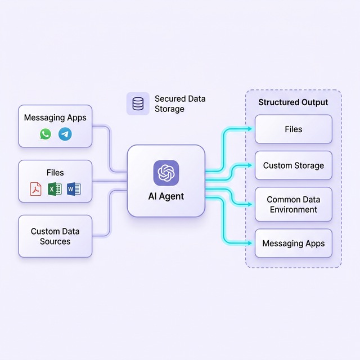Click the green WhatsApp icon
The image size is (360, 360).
(46, 134)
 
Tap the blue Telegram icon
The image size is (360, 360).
(65, 134)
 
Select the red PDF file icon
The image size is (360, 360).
(36, 189)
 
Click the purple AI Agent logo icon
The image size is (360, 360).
(166, 173)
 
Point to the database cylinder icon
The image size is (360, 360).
(138, 103)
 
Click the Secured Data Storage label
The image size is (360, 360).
(180, 103)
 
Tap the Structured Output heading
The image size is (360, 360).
(293, 102)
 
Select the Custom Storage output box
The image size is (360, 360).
(293, 165)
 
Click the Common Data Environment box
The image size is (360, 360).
(293, 204)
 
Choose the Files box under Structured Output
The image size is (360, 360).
(293, 129)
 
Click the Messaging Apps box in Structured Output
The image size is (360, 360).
(293, 244)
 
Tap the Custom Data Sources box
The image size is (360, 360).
(55, 236)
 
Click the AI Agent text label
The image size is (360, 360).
(166, 197)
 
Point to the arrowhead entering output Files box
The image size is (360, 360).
(251, 129)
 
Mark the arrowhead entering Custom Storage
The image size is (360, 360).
(251, 165)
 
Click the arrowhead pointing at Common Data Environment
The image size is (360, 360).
(251, 204)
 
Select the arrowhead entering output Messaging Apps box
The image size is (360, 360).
(251, 244)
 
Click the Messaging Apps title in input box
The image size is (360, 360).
(55, 118)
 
